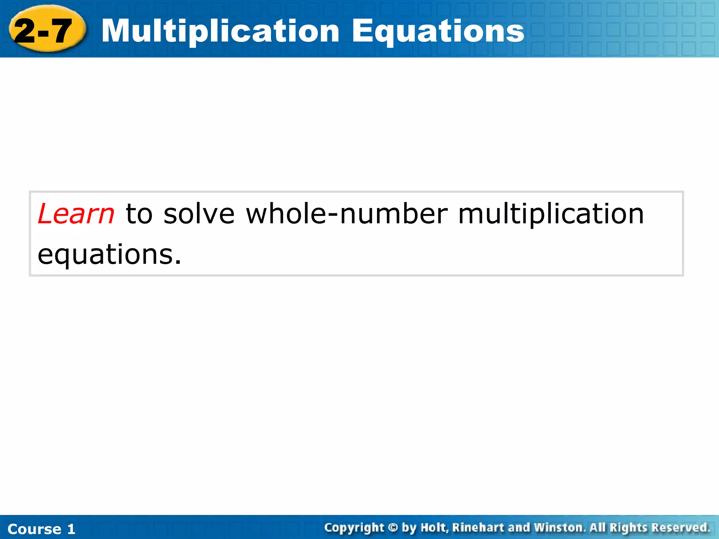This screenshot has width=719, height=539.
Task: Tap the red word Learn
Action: [76, 214]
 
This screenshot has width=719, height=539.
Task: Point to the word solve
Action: [199, 214]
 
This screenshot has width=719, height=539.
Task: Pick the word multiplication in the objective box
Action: [551, 214]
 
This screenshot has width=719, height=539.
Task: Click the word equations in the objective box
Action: [109, 254]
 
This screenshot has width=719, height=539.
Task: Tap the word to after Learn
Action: [139, 214]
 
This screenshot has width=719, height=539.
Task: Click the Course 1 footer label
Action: [41, 529]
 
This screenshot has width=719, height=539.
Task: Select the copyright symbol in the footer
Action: [393, 528]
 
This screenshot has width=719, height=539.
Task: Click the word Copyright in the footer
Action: [354, 528]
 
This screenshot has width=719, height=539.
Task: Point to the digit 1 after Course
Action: [71, 529]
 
